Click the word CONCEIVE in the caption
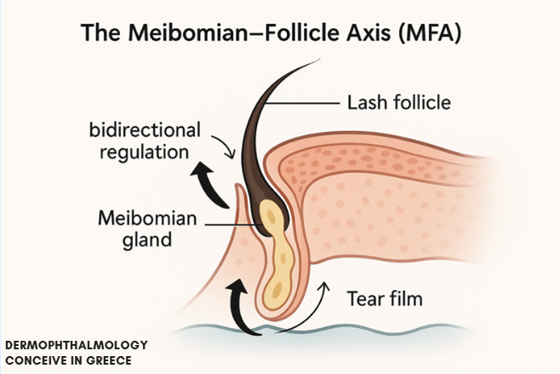39,360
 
